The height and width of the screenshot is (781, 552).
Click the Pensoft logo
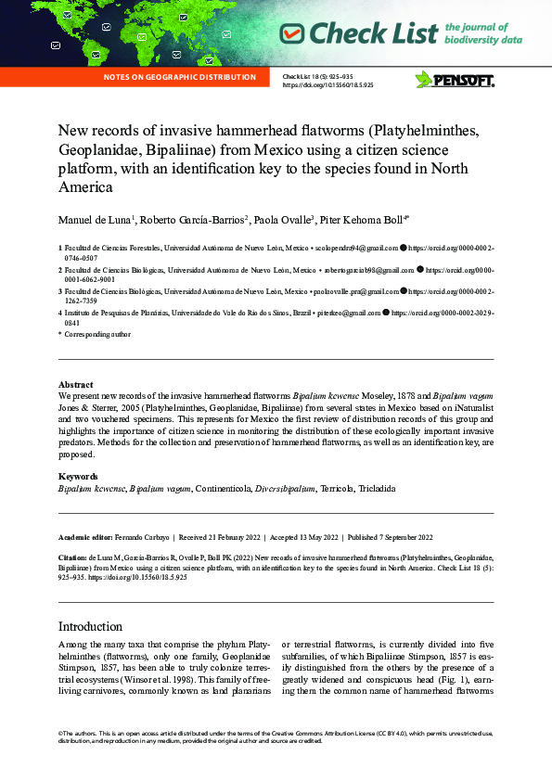(454, 80)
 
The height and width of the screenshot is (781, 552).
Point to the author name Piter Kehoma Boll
(363, 219)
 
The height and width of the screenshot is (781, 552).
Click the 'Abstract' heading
(75, 384)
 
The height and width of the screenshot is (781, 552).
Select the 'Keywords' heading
(79, 477)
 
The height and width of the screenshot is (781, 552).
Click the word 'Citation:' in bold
(73, 558)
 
